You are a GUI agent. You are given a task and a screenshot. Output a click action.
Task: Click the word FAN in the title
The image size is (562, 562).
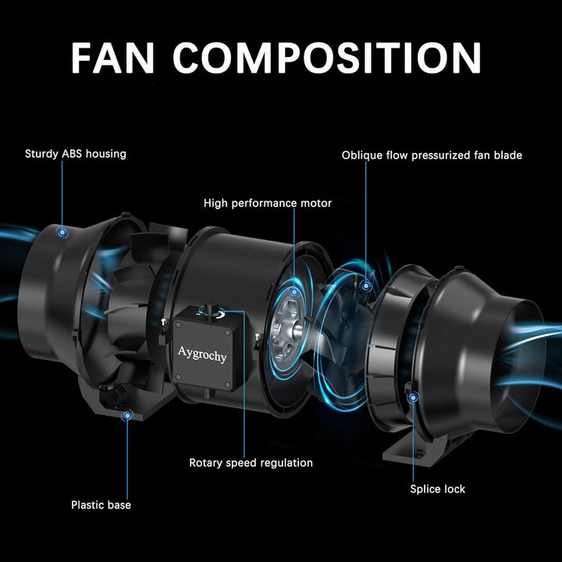[113, 58]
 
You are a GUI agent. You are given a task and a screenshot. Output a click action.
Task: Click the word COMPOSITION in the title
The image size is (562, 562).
[327, 58]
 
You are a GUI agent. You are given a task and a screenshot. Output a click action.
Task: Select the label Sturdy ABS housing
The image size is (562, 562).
[76, 154]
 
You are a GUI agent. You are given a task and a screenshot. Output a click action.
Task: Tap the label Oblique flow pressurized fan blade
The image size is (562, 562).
[432, 155]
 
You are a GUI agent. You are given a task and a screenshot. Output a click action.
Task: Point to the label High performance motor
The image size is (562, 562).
[268, 203]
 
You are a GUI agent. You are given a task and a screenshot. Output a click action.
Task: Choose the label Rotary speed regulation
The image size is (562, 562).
[251, 463]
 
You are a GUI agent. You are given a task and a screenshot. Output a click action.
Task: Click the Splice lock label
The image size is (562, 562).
[438, 489]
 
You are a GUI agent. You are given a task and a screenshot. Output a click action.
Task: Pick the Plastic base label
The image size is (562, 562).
[101, 505]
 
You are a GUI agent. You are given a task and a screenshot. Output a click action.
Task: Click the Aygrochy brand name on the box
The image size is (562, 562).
[202, 354]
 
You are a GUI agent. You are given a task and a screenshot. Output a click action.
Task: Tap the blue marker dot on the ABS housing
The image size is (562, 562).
[62, 233]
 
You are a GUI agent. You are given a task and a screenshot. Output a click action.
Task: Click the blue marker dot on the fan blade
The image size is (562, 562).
[366, 286]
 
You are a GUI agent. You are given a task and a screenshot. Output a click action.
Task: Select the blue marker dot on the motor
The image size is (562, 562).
[294, 292]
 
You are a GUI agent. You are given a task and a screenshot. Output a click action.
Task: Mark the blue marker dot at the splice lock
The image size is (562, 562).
[413, 397]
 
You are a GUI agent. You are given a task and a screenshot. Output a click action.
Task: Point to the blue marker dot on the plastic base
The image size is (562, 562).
[127, 416]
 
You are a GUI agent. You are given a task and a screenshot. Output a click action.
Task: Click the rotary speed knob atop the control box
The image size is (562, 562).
[208, 309]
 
